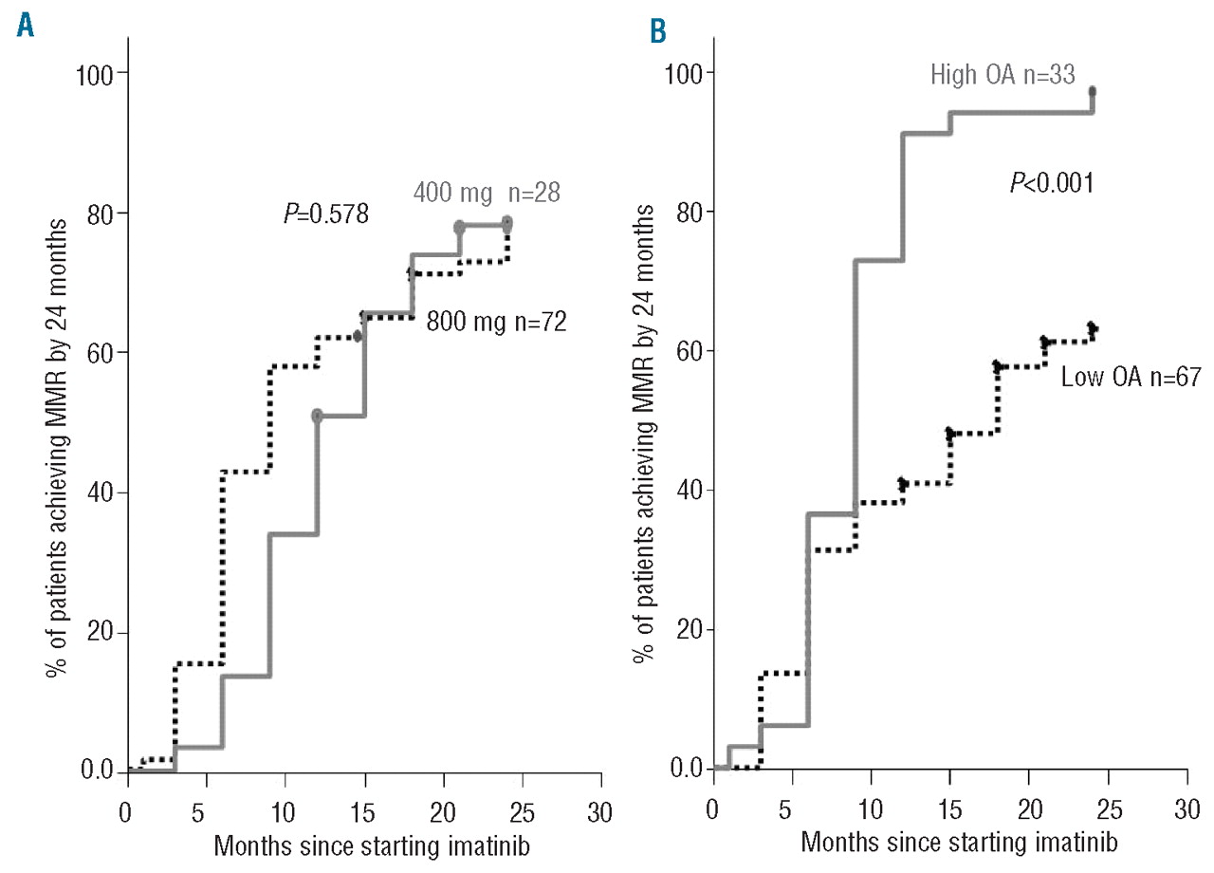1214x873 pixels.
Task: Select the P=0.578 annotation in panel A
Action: click(325, 217)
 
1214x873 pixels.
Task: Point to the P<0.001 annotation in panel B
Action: click(1051, 181)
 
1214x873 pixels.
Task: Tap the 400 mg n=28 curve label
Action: click(487, 193)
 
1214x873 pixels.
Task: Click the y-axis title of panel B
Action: click(647, 421)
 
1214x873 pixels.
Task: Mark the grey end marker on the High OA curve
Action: click(1093, 91)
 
